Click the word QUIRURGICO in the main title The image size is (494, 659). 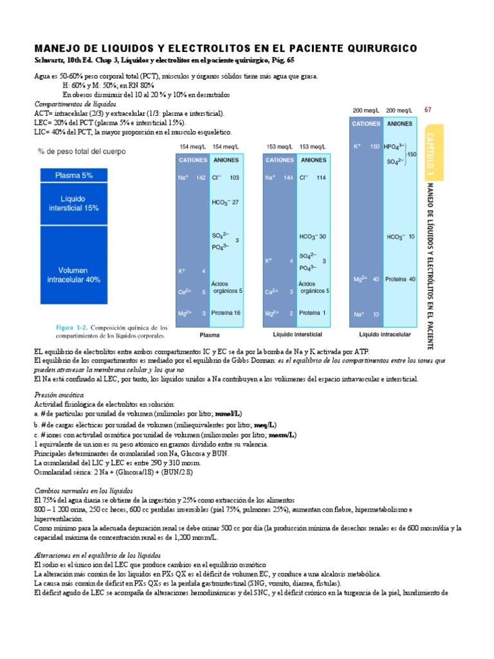[x=379, y=49]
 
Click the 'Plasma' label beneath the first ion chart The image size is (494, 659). [x=210, y=335]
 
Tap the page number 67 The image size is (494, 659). [x=428, y=109]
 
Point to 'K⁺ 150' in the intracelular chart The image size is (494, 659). [x=366, y=146]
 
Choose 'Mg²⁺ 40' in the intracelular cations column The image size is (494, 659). [x=366, y=279]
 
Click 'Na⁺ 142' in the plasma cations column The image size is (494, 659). [x=192, y=178]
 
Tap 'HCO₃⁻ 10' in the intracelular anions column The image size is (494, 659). [x=401, y=237]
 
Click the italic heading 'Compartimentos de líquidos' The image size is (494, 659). [x=75, y=104]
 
